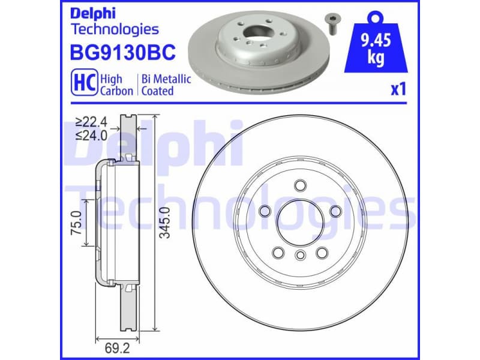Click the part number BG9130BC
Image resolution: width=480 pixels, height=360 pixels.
pyautogui.click(x=123, y=53)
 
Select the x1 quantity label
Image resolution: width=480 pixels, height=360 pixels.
pyautogui.click(x=399, y=90)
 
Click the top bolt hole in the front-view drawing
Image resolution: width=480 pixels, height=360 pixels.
pyautogui.click(x=299, y=185)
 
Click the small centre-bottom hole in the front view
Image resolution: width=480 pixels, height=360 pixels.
pyautogui.click(x=299, y=256)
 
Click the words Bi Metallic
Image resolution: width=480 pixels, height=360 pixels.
pyautogui.click(x=166, y=79)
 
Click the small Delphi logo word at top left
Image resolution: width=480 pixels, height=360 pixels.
pyautogui.click(x=91, y=13)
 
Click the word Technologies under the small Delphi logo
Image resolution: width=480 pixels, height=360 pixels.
pyautogui.click(x=115, y=29)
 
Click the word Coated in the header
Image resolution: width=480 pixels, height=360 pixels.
pyautogui.click(x=157, y=91)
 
